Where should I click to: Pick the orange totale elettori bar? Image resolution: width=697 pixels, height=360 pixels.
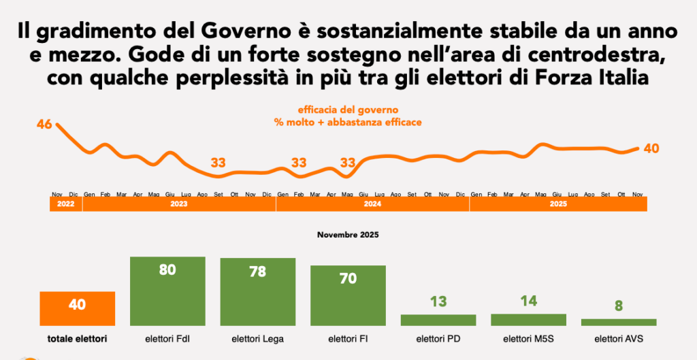click(x=77, y=308)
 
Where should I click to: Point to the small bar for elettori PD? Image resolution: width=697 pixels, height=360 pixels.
click(x=438, y=320)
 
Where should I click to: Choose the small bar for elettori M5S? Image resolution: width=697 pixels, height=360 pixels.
click(x=528, y=319)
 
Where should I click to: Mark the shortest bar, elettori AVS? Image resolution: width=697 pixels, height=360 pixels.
click(x=619, y=322)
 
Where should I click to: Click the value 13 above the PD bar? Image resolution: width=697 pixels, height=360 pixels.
click(x=438, y=301)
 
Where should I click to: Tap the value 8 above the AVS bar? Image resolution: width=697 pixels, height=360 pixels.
click(x=619, y=306)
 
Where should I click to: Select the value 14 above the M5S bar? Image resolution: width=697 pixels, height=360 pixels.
click(x=528, y=300)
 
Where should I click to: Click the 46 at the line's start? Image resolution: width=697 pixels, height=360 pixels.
click(x=45, y=125)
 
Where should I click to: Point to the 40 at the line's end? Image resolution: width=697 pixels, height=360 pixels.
click(x=651, y=148)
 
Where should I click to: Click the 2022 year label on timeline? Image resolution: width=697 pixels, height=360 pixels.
click(x=65, y=203)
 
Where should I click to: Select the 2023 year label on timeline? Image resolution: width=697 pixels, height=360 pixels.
click(x=179, y=203)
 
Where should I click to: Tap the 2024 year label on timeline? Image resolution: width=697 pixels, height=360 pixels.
click(x=372, y=203)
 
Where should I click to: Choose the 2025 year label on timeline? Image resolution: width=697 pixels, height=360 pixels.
click(x=558, y=203)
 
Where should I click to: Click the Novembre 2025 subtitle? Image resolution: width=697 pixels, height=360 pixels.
click(x=348, y=235)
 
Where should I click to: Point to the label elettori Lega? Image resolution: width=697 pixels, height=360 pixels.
click(x=258, y=338)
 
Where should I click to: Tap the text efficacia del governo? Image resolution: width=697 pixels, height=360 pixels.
click(x=348, y=110)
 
